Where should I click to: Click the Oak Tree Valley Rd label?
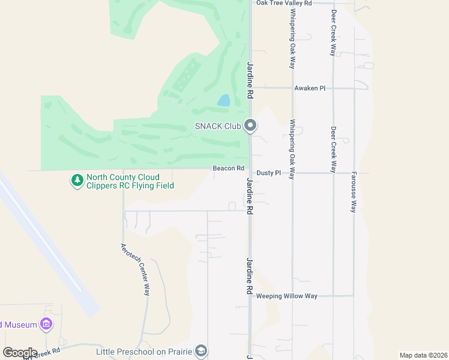[x=284, y=3]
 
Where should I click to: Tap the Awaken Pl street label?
[x=309, y=88]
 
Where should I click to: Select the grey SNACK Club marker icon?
[x=251, y=125]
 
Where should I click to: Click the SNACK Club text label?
[x=217, y=126]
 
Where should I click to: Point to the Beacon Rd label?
[x=228, y=169]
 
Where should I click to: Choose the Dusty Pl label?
[x=268, y=173]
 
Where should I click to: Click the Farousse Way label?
[x=354, y=192]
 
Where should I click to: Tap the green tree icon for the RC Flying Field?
[x=77, y=181]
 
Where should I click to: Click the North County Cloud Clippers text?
[x=123, y=177]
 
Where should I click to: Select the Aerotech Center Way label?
[x=134, y=269]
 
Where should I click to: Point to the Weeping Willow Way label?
[x=286, y=296]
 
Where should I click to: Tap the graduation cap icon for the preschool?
[x=202, y=350]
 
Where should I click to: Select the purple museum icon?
[x=46, y=325]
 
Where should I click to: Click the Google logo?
[x=20, y=353]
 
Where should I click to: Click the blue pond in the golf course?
[x=223, y=100]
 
